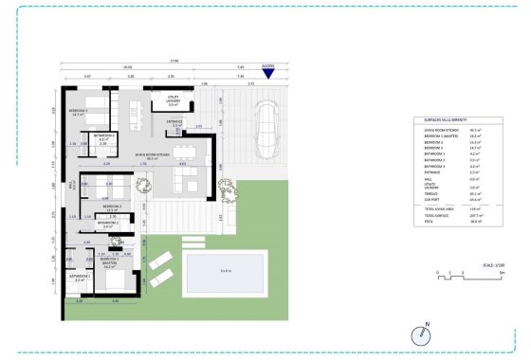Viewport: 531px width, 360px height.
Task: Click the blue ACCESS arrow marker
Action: click(x=269, y=73)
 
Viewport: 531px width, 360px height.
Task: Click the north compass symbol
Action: click(x=420, y=333)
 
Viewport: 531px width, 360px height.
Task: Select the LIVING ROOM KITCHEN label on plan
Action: click(x=153, y=157)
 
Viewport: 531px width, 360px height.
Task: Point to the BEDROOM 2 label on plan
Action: click(x=112, y=207)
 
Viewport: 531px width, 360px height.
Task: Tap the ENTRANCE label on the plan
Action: click(x=174, y=122)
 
